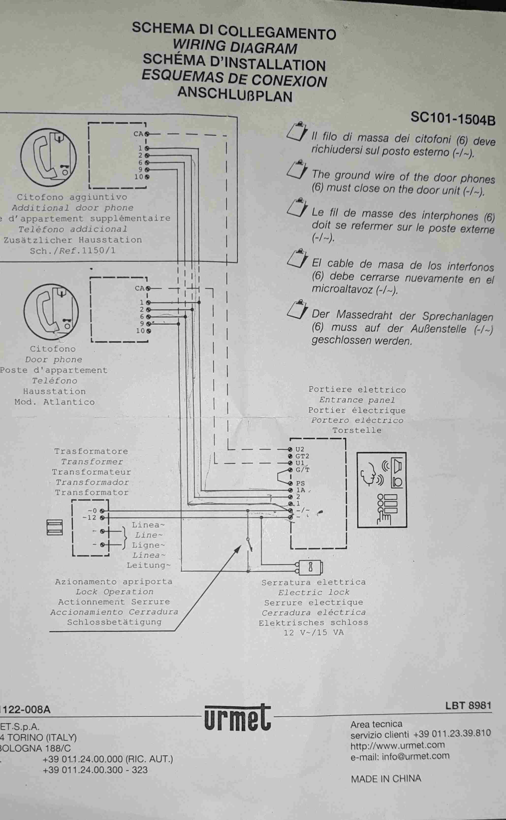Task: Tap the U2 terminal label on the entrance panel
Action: coord(300,449)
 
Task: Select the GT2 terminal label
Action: coord(302,456)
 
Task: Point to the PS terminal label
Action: coord(300,484)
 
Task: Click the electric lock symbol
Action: coord(311,567)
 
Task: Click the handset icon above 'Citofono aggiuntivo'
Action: coord(48,157)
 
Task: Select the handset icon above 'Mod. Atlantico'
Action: coord(51,312)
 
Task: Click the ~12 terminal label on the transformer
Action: coord(89,517)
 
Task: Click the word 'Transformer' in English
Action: coord(92,462)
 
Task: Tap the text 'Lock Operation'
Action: coord(114,592)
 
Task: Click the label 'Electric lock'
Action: coord(314,592)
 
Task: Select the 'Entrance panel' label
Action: coord(357,400)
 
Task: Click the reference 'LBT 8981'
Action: coord(468,706)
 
